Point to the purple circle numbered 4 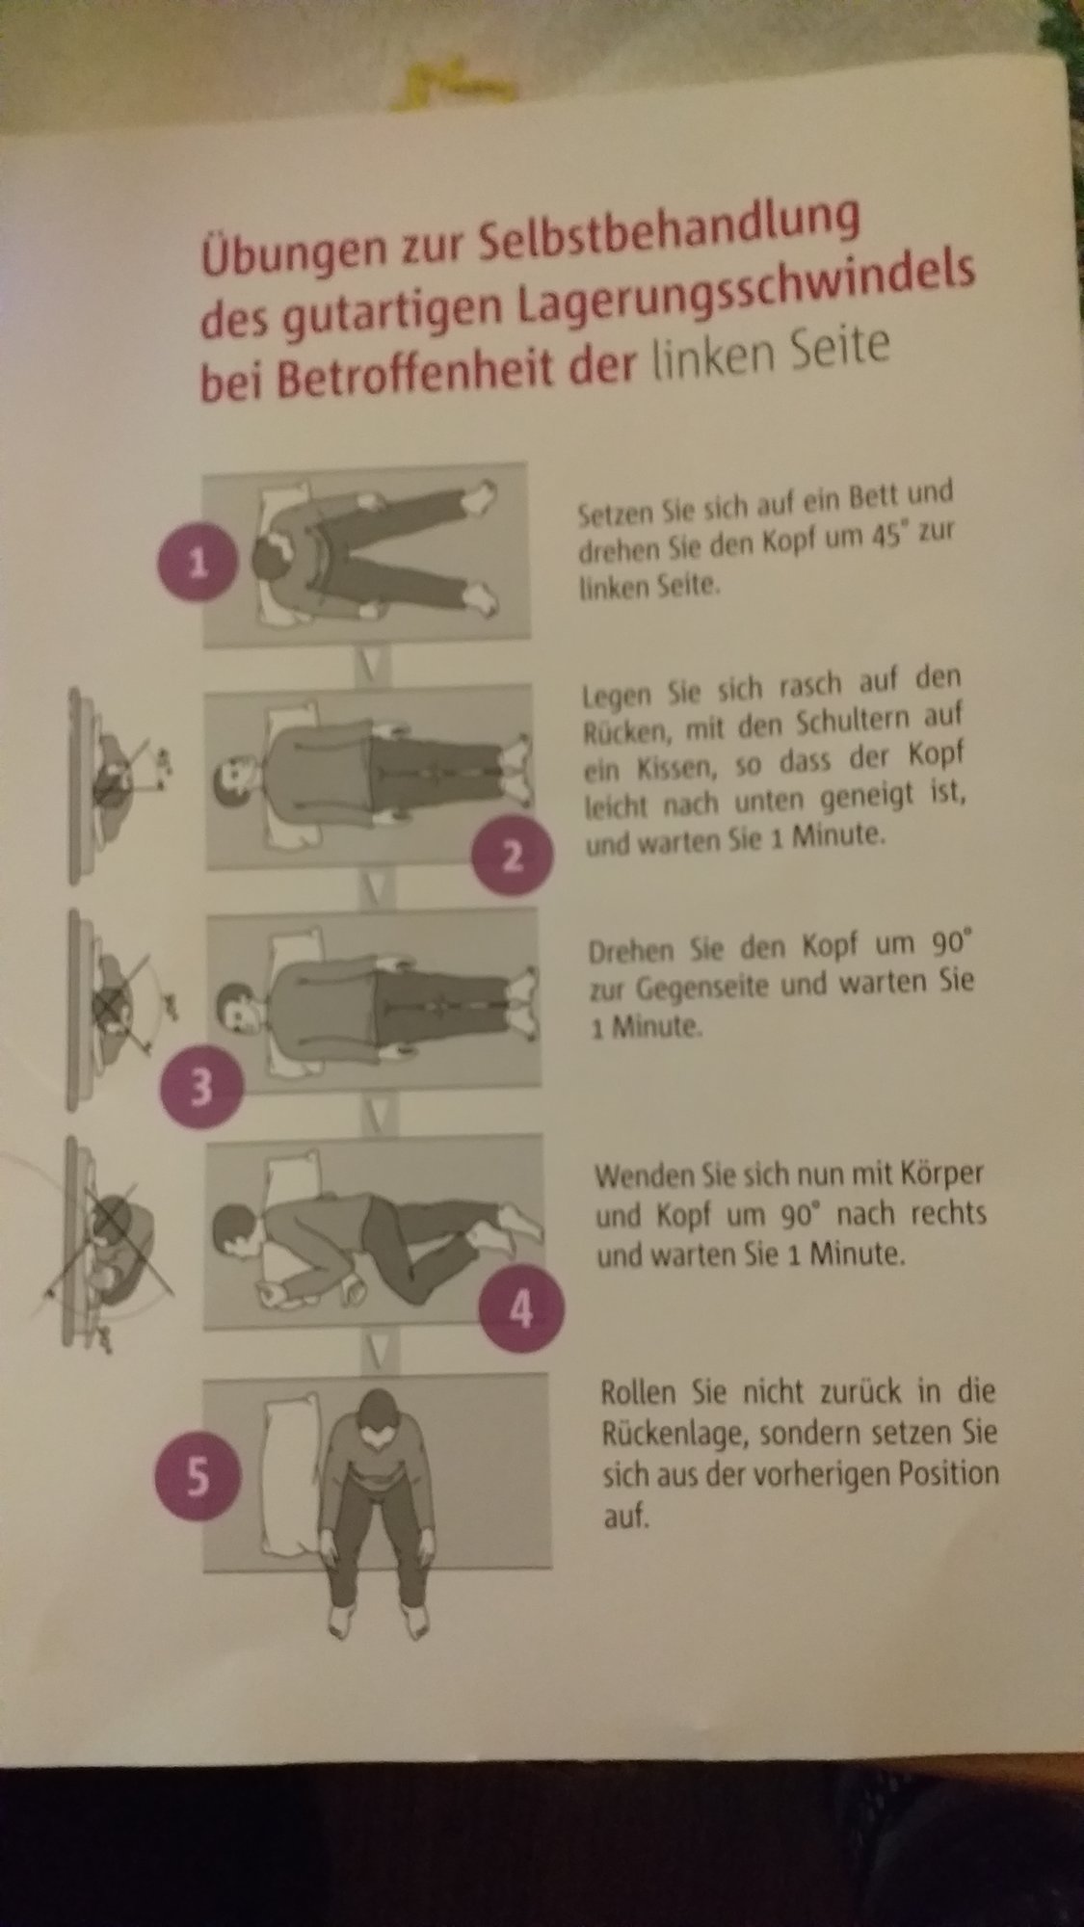coord(520,1307)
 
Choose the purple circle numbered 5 coord(196,1478)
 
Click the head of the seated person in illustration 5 coord(374,1415)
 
